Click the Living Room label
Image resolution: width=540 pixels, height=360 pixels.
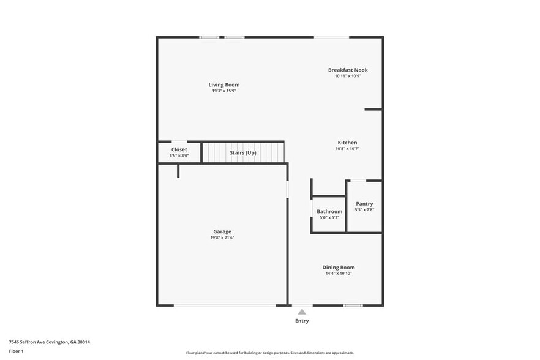pyautogui.click(x=224, y=84)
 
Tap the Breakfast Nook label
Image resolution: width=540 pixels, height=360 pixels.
pyautogui.click(x=348, y=70)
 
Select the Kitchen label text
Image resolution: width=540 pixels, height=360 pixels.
pyautogui.click(x=347, y=143)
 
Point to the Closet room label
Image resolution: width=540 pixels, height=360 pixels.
pyautogui.click(x=179, y=149)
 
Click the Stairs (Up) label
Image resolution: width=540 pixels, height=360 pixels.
pyautogui.click(x=243, y=152)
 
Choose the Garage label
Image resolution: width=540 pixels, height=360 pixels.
pyautogui.click(x=222, y=231)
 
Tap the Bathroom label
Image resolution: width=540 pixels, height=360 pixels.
pyautogui.click(x=329, y=211)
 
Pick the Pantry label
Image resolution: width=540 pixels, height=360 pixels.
pyautogui.click(x=364, y=204)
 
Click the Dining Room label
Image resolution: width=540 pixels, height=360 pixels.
pyautogui.click(x=339, y=267)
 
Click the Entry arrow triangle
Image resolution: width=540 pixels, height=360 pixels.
pyautogui.click(x=302, y=312)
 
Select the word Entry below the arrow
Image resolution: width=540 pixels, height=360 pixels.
pyautogui.click(x=302, y=321)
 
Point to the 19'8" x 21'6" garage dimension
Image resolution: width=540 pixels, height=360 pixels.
pyautogui.click(x=222, y=238)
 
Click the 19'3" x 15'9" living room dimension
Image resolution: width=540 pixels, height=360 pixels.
pyautogui.click(x=224, y=91)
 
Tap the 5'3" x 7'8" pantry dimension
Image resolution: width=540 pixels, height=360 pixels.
pyautogui.click(x=364, y=209)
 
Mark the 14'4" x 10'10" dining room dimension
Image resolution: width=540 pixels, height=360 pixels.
pyautogui.click(x=339, y=273)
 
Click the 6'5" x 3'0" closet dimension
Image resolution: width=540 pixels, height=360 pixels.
pyautogui.click(x=179, y=156)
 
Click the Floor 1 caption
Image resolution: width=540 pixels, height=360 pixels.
pyautogui.click(x=16, y=351)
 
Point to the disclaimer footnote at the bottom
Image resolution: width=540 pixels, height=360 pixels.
pyautogui.click(x=270, y=353)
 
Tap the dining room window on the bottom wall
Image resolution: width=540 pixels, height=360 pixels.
pyautogui.click(x=352, y=305)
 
